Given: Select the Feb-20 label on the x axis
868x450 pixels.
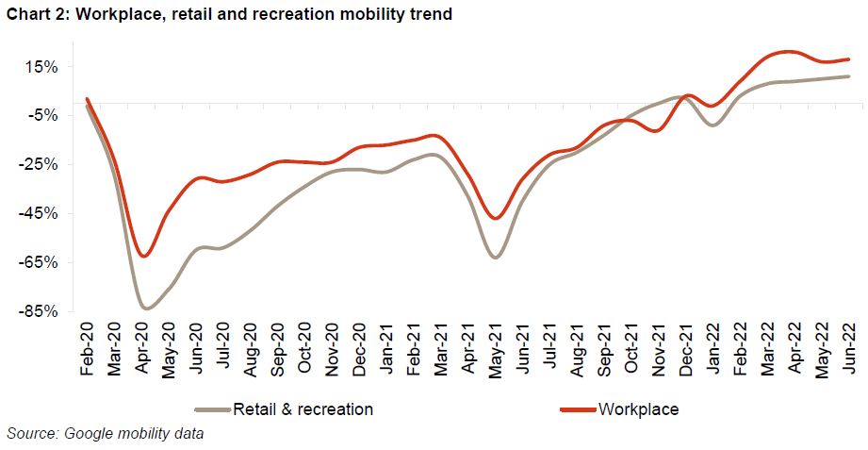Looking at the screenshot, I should (88, 350).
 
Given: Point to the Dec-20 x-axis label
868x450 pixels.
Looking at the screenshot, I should (358, 350).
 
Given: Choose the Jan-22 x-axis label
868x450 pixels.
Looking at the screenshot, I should (712, 350).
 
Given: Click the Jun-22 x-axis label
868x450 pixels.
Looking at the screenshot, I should (848, 350).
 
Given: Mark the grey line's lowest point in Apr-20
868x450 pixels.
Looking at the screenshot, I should (146, 308).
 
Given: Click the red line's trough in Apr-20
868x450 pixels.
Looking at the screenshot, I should (143, 257).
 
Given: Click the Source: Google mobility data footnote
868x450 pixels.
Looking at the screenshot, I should (105, 434).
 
